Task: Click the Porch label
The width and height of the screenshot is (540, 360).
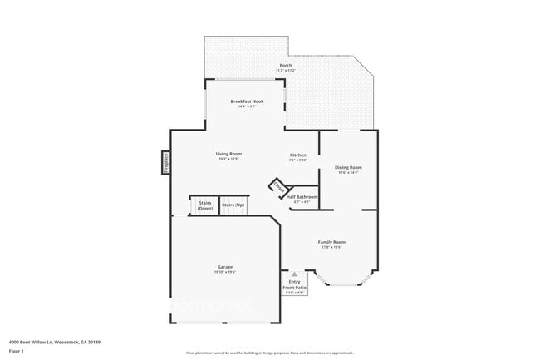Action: [x=285, y=66]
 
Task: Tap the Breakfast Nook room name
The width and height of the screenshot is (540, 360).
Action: [x=247, y=101]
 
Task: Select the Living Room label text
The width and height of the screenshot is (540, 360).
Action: [x=228, y=154]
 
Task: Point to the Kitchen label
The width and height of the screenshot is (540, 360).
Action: [x=298, y=155]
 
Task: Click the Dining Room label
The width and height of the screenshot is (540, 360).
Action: [x=348, y=167]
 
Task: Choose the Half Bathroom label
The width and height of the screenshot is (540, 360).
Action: [x=302, y=197]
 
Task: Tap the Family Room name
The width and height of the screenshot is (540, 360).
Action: [x=331, y=242]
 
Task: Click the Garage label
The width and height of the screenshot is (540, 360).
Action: [x=225, y=267]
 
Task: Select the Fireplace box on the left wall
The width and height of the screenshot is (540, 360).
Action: [x=166, y=162]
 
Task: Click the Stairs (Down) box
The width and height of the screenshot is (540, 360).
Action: [x=204, y=205]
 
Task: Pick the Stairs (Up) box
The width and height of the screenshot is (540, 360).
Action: [x=233, y=205]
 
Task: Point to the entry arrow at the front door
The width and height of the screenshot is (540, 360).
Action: [x=294, y=274]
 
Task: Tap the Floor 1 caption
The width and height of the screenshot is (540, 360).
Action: [x=17, y=351]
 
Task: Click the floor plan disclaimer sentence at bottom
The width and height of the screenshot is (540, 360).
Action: [x=269, y=353]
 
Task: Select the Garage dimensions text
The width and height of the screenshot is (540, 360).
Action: [x=225, y=272]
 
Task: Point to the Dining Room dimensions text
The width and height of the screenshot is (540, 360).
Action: [x=348, y=172]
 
